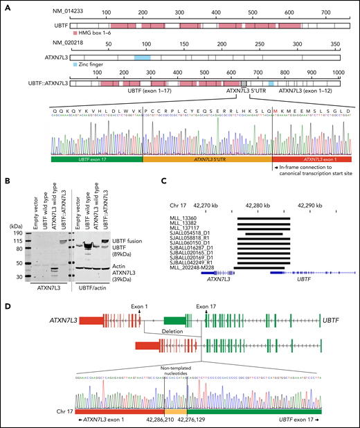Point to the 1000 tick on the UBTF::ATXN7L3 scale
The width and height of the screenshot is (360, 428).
340,73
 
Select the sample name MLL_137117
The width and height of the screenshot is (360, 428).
185,229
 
